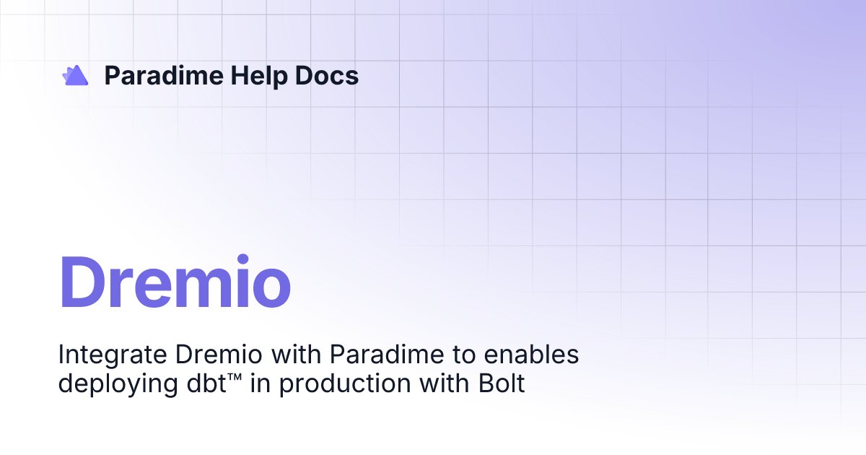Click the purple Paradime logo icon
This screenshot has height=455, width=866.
click(75, 75)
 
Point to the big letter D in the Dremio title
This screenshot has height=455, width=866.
click(85, 283)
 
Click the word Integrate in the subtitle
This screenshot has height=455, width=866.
click(111, 355)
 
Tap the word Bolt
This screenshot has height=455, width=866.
click(501, 383)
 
